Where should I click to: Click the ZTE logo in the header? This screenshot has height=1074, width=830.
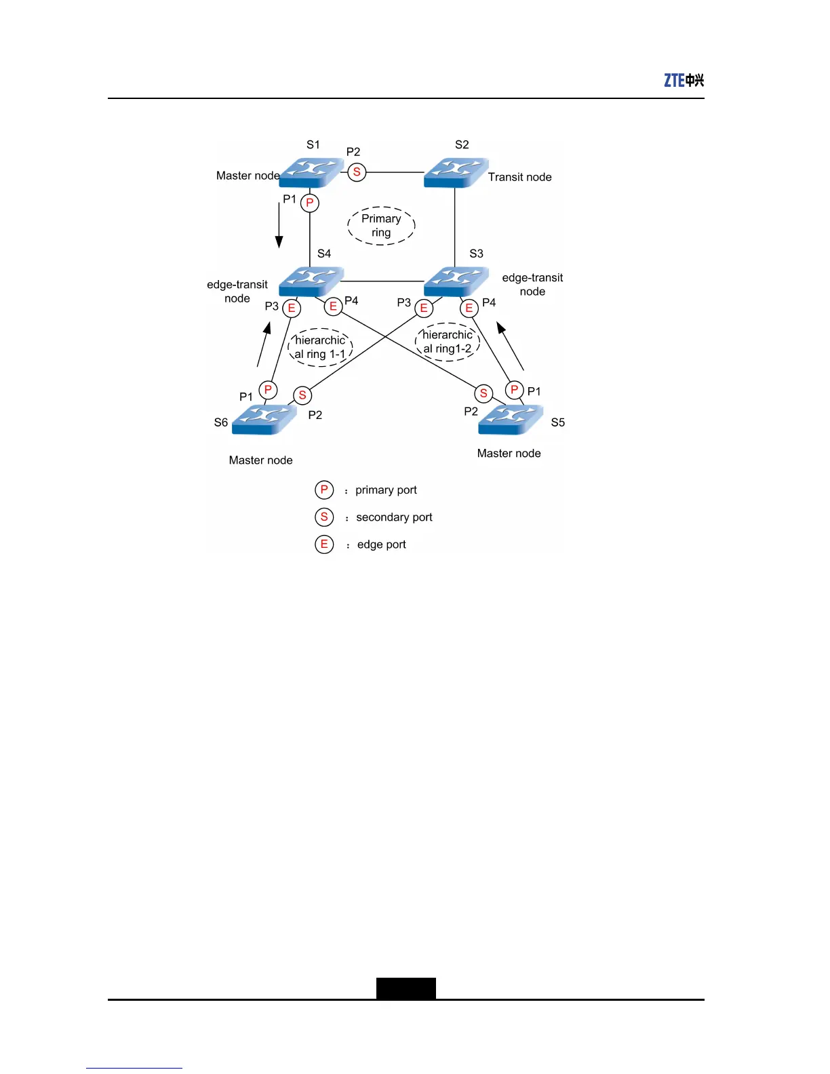(x=684, y=80)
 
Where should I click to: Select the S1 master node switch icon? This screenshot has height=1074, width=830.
(x=311, y=172)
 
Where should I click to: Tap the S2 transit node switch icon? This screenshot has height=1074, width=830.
(x=456, y=172)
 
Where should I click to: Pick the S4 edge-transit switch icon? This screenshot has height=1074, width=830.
(x=311, y=281)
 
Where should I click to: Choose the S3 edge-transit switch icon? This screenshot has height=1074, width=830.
(x=456, y=281)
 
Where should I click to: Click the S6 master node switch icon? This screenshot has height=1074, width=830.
(x=264, y=419)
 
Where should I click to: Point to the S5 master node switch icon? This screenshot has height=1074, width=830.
(x=510, y=419)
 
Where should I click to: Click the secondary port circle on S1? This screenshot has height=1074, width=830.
(x=357, y=172)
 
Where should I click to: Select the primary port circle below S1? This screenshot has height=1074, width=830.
(x=310, y=203)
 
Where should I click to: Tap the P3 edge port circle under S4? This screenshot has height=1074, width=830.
(x=292, y=309)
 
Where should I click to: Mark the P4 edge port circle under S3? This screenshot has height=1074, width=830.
(x=469, y=309)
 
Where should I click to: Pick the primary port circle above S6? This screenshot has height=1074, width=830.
(x=268, y=390)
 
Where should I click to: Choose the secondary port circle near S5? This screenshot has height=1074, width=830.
(x=483, y=393)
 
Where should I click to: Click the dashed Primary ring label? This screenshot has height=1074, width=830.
(x=381, y=226)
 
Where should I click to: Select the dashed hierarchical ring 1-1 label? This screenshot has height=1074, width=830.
(x=320, y=347)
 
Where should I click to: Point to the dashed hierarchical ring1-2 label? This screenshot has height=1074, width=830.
(x=448, y=342)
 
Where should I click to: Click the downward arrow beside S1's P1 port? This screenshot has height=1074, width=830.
(x=279, y=225)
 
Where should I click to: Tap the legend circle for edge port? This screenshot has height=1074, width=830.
(x=324, y=544)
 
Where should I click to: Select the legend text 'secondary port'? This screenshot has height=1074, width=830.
(x=394, y=517)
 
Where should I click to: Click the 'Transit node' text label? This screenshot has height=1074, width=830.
(x=519, y=177)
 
